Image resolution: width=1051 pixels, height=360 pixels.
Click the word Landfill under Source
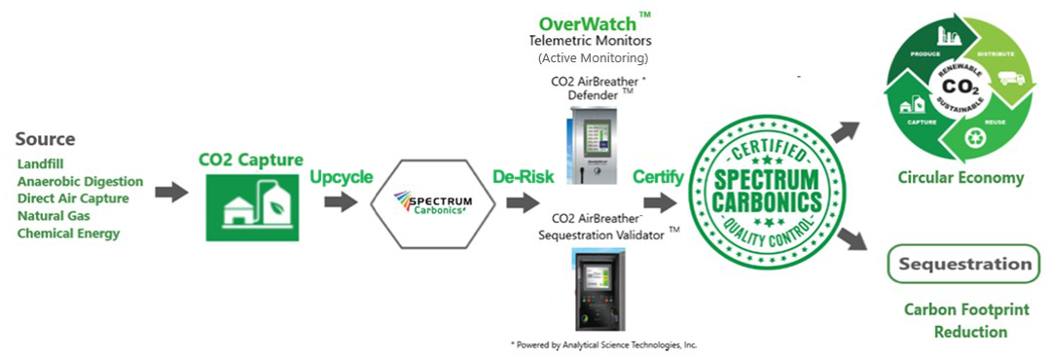click(x=39, y=164)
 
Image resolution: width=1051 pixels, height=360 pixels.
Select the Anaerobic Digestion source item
click(x=80, y=182)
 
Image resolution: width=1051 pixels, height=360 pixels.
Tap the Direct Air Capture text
click(x=73, y=198)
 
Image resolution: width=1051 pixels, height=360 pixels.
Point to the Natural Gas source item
click(x=54, y=216)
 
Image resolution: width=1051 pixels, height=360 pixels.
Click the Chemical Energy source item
click(x=69, y=234)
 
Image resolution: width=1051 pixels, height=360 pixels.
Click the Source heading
click(x=46, y=140)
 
